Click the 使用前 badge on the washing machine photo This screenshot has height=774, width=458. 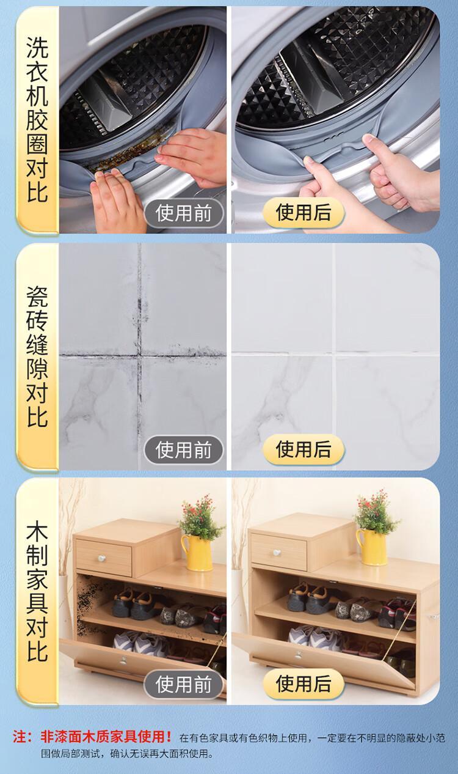point(184,213)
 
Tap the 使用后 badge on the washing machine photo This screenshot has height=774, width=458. point(304,212)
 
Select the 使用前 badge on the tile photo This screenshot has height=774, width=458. point(184,450)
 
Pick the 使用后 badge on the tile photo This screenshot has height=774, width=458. point(304,449)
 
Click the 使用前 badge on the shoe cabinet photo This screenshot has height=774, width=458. point(184,684)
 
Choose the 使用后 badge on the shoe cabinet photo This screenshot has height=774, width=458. point(304,683)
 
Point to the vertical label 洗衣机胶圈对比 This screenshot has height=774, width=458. point(37,119)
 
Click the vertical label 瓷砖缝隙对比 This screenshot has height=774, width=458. point(37,356)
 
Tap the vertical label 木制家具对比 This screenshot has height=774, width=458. point(37,593)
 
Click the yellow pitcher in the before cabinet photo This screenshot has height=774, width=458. point(197,553)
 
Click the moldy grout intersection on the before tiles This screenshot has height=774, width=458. point(139,354)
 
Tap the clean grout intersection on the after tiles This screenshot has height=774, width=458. point(334,353)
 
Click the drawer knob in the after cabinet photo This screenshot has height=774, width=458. point(277,553)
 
